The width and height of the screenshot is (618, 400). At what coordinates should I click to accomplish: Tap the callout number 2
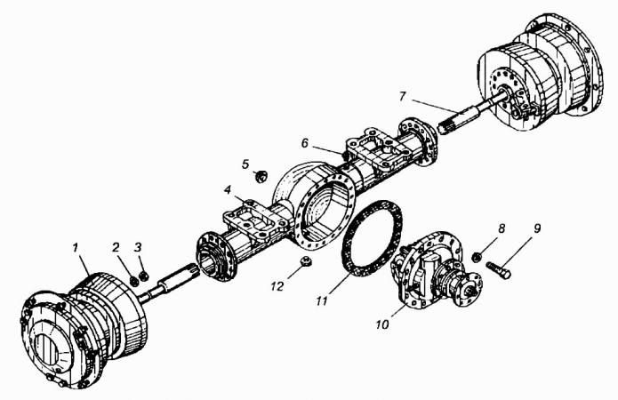click(116, 246)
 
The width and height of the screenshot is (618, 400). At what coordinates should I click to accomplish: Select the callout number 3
click(138, 246)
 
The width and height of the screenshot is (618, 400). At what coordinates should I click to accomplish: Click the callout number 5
click(247, 164)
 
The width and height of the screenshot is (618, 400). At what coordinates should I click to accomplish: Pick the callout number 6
click(305, 142)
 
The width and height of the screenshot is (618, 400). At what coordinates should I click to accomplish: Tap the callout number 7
click(403, 94)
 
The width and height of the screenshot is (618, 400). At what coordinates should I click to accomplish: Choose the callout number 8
click(502, 228)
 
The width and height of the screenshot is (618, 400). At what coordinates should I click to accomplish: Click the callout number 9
click(537, 228)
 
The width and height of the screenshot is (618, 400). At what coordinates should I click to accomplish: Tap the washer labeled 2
click(134, 279)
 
